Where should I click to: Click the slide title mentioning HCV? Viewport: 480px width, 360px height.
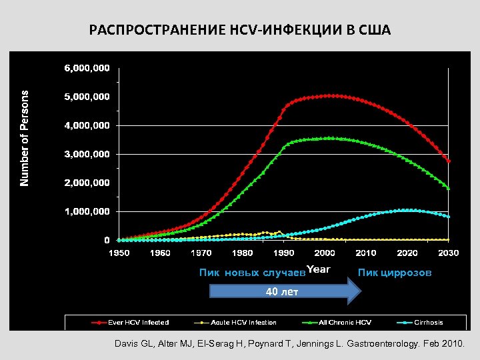[240, 31]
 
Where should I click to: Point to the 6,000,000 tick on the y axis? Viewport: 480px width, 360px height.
[87, 68]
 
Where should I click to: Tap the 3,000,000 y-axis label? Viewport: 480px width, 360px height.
[87, 154]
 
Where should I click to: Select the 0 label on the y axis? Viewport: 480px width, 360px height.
[107, 240]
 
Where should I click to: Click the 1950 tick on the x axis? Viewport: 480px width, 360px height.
[119, 253]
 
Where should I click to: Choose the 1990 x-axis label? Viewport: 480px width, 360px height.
[283, 253]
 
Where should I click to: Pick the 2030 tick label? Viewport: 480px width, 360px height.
[448, 253]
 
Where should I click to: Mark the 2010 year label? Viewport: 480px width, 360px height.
[365, 253]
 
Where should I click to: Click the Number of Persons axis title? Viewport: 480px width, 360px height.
[25, 139]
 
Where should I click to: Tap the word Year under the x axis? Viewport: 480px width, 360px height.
[319, 269]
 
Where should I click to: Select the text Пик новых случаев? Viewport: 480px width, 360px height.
[252, 273]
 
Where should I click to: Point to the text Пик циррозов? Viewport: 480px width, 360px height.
[395, 273]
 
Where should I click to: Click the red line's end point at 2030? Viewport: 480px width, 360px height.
[449, 161]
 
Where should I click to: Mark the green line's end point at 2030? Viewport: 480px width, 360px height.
[449, 189]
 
